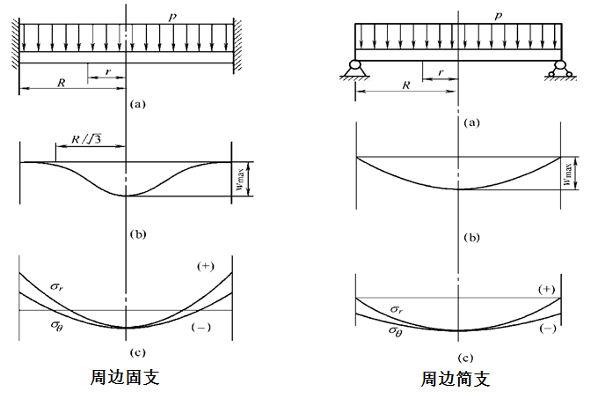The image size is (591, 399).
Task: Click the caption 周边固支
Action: (125, 376)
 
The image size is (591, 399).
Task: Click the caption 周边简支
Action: (454, 379)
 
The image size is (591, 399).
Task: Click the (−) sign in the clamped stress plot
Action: (200, 327)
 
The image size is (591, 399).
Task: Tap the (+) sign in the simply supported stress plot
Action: (546, 290)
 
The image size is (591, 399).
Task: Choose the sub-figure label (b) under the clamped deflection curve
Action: (136, 234)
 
